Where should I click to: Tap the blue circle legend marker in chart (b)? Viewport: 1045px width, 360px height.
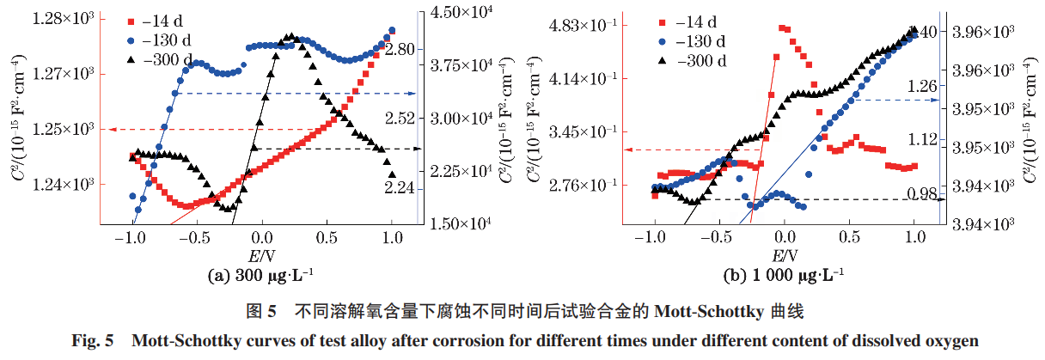pos(663,41)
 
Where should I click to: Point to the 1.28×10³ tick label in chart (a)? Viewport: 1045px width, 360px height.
pos(65,18)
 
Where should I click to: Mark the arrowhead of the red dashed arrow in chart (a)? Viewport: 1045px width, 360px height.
pos(106,130)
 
